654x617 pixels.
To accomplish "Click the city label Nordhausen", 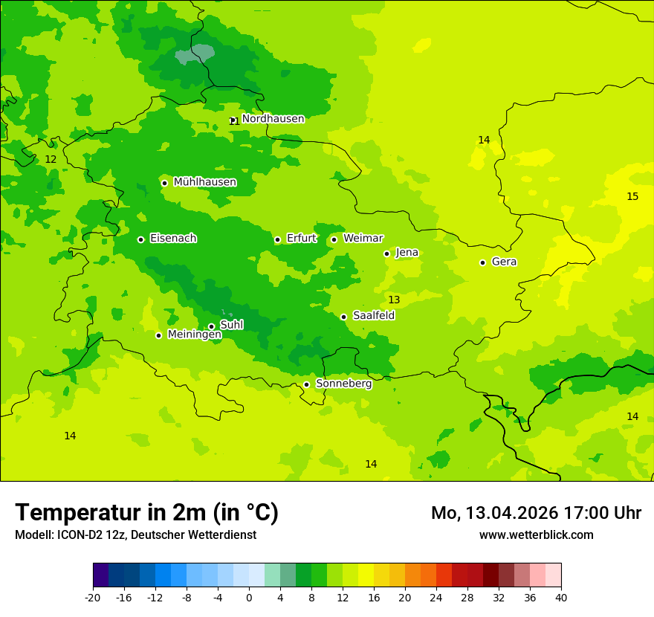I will [x=273, y=119].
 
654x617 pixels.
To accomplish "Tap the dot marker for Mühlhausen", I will [x=164, y=183].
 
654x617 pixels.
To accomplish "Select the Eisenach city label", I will [x=173, y=239].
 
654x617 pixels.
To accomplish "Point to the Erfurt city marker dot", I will [x=277, y=239].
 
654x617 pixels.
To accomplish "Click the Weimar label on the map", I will [x=363, y=239].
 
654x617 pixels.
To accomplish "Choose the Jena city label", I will [x=407, y=253].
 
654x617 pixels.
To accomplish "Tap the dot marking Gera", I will [x=482, y=262].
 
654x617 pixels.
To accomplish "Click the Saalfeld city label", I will [x=373, y=316].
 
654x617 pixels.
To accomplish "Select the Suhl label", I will [x=231, y=325].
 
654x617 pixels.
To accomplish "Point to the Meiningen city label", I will [x=194, y=335].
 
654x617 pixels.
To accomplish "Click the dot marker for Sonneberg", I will [x=306, y=384].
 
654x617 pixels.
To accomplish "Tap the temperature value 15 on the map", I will [x=632, y=197].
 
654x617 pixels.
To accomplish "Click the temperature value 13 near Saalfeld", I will [x=394, y=300].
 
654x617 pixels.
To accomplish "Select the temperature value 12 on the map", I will [x=51, y=160].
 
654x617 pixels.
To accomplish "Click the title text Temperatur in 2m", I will [x=146, y=512].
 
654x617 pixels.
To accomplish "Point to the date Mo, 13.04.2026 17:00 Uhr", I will [x=536, y=513].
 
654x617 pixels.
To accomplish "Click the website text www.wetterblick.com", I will [x=536, y=535].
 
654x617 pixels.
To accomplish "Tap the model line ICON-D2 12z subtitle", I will [x=135, y=535].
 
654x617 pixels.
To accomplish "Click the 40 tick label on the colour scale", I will [x=561, y=597].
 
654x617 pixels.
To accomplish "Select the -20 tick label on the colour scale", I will [x=93, y=597].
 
